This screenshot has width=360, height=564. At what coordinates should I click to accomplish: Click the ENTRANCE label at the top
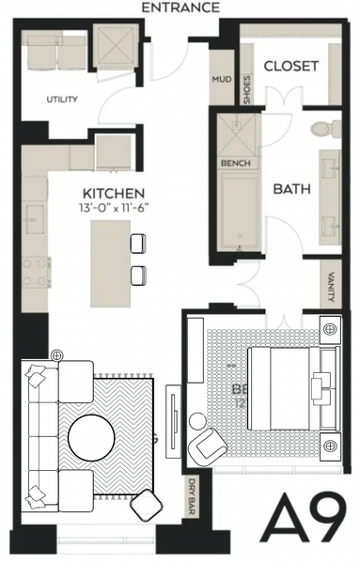(180, 8)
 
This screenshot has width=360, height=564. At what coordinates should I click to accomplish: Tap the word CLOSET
(290, 67)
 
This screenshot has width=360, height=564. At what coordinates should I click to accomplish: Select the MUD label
(222, 80)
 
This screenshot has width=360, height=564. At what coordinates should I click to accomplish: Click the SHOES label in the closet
(246, 89)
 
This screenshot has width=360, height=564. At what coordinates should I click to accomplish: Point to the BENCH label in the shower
(233, 163)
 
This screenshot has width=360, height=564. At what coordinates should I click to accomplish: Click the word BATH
(291, 189)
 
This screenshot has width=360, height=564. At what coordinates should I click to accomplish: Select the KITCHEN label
(112, 194)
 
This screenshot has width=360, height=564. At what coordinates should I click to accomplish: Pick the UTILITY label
(62, 100)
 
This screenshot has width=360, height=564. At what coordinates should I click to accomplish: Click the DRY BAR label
(191, 493)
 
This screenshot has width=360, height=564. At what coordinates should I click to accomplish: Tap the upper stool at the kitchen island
(136, 242)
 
